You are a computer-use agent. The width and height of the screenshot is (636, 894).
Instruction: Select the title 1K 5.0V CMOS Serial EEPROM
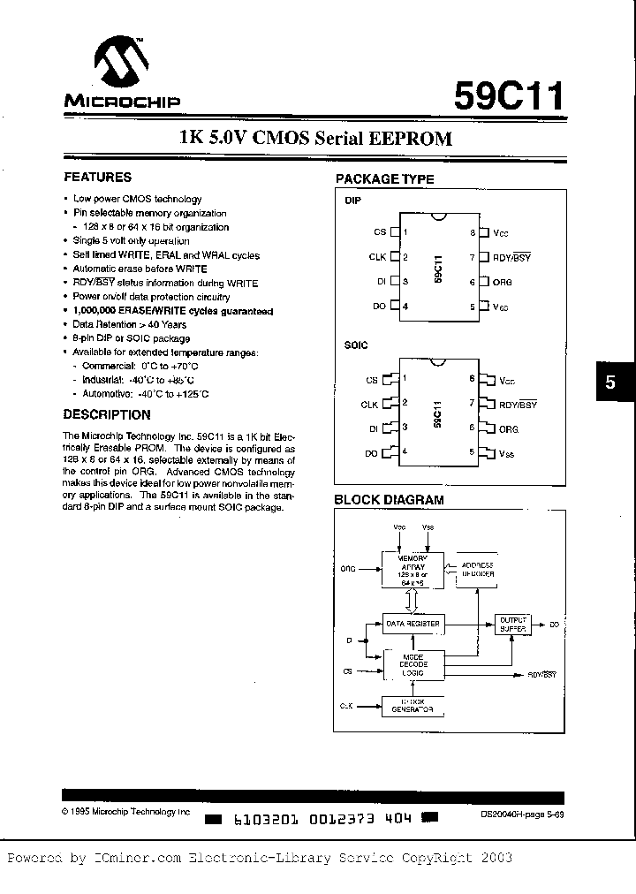pyautogui.click(x=315, y=139)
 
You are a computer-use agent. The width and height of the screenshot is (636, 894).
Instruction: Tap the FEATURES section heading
pyautogui.click(x=98, y=177)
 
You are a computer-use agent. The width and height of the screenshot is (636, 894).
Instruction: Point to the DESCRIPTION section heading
pyautogui.click(x=107, y=414)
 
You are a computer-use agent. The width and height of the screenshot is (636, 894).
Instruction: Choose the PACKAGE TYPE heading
pyautogui.click(x=384, y=178)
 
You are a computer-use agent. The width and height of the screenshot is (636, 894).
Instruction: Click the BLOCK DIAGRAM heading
pyautogui.click(x=389, y=500)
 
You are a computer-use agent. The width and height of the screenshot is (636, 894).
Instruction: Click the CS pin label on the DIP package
pyautogui.click(x=381, y=232)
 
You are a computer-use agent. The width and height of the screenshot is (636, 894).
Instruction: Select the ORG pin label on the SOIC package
pyautogui.click(x=509, y=428)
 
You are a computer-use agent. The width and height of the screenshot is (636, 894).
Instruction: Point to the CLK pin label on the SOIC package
pyautogui.click(x=369, y=405)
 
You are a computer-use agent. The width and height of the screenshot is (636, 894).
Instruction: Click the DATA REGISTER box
pyautogui.click(x=412, y=623)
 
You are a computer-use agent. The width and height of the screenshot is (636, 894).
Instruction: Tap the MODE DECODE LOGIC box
pyautogui.click(x=412, y=664)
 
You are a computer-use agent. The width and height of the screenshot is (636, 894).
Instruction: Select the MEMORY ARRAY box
pyautogui.click(x=412, y=568)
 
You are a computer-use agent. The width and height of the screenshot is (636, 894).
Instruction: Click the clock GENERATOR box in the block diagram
pyautogui.click(x=412, y=706)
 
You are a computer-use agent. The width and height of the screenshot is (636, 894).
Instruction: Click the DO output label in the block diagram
pyautogui.click(x=555, y=624)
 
